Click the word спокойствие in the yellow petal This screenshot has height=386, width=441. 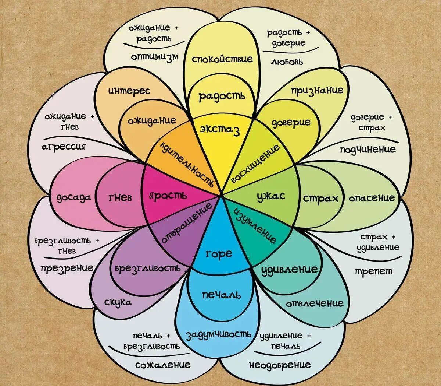coord(222,59)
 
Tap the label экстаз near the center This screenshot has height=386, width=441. coord(220,129)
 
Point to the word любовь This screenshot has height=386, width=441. coord(287,62)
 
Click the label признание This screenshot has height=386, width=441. coord(317,90)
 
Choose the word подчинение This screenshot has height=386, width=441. coord(367,149)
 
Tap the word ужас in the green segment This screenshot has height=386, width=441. coord(271,196)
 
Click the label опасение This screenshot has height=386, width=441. coord(372,198)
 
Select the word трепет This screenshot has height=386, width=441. coord(373,271)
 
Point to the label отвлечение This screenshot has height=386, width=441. coord(315,303)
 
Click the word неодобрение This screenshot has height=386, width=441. coord(280,365)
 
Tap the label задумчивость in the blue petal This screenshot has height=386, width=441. coord(219,335)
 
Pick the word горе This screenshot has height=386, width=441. coord(219,254)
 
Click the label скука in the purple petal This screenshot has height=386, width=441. coord(118,302)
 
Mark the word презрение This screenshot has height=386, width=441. coord(67,268)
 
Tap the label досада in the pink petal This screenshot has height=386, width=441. coord(74,198)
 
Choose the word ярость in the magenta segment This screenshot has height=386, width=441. coord(168,196)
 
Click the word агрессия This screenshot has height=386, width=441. coord(64,146)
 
